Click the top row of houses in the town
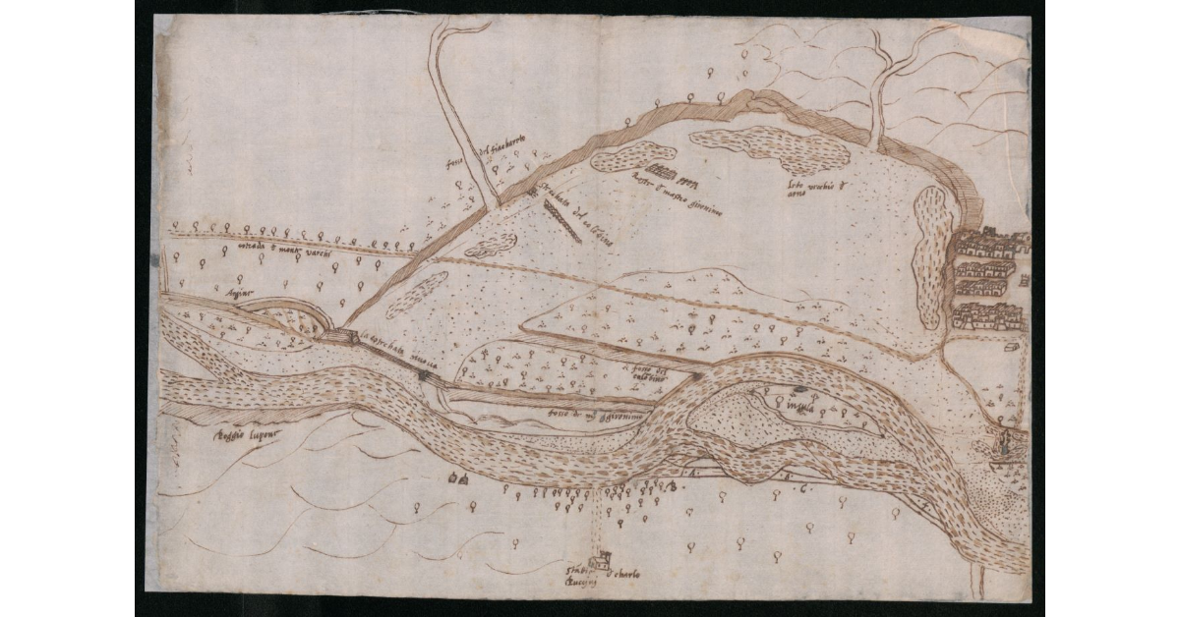(x=988, y=242)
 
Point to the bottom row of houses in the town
(x=987, y=316)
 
